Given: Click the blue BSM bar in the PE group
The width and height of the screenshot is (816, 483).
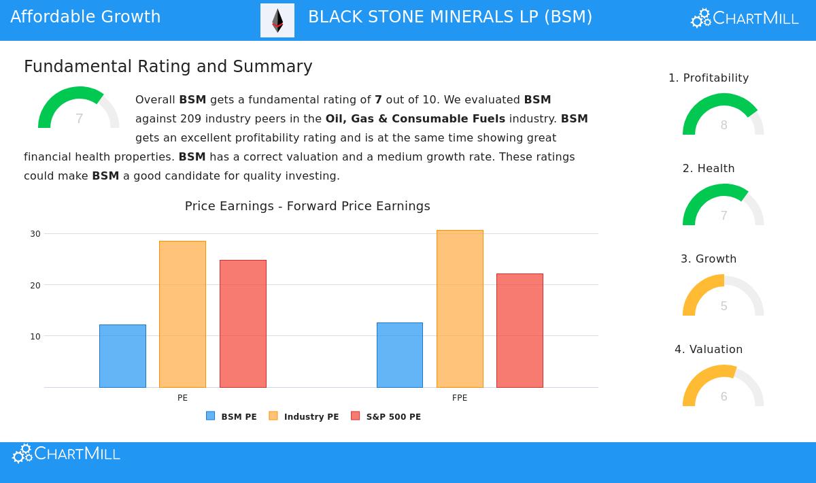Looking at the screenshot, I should point(122,356).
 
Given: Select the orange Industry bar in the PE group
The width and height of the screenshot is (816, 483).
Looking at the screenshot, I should point(182,314).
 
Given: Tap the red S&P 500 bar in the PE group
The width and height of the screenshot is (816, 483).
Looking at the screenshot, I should point(243,324).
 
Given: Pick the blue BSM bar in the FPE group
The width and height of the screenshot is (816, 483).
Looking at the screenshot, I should point(400,355).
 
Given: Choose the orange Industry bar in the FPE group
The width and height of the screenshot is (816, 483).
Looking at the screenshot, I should point(460,309).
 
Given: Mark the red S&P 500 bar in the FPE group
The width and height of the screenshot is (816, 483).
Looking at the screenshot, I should point(520,331).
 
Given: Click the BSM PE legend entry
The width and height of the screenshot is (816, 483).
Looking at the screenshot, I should point(232,416).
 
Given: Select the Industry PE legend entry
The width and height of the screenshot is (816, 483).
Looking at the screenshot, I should point(304,416).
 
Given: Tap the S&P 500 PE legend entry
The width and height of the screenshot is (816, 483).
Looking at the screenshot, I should point(386,416).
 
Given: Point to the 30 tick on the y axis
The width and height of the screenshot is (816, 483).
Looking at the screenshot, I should point(35,234).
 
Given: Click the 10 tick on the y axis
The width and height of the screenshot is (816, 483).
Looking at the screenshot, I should point(35,337).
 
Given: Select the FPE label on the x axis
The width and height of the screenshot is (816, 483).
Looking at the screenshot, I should point(460,398).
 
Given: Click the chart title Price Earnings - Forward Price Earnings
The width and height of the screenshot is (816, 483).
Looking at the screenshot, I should point(307,206).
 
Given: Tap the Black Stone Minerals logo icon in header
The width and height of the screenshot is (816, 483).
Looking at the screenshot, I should point(277,20).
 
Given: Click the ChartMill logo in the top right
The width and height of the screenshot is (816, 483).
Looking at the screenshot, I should point(745,18).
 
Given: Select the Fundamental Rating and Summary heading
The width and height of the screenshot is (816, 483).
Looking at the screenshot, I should point(168,67).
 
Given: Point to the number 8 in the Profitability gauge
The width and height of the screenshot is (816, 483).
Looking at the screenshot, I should point(724,125).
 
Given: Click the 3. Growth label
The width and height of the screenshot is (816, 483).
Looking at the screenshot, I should point(709,259).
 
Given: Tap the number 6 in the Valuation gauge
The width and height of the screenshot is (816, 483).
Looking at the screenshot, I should point(724,397).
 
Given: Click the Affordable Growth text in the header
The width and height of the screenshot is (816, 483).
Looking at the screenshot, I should point(86,17).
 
